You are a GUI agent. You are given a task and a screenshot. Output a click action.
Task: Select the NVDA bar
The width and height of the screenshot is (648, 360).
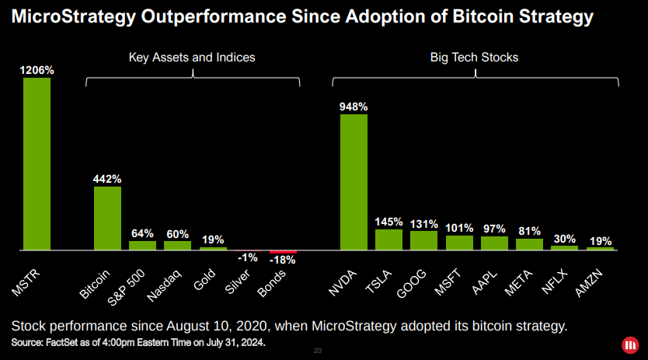point(354,182)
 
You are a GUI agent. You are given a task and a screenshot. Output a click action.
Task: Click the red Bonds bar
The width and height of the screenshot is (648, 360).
point(283,252)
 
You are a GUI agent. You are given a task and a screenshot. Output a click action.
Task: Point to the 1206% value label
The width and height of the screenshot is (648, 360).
point(37,70)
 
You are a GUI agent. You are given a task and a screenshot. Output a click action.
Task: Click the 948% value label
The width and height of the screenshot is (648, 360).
point(354,107)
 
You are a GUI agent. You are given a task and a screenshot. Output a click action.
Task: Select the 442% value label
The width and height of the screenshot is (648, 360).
point(107,179)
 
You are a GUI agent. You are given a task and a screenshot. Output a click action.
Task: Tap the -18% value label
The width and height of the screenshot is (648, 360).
point(283,260)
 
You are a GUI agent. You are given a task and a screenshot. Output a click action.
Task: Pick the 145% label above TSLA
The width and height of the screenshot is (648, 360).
point(388,222)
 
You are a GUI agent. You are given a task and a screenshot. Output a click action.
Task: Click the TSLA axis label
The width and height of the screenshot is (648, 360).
point(378,281)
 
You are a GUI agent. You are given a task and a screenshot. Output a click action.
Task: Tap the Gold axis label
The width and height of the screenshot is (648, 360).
point(204,279)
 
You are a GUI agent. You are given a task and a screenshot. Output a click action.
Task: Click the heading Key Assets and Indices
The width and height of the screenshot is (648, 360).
point(191,58)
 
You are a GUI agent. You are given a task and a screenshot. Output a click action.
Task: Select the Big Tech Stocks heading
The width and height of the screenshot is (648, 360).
point(474,58)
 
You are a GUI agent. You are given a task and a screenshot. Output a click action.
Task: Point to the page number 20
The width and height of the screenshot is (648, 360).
point(317,351)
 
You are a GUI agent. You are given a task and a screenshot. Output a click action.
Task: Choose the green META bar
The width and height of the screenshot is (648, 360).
point(529,243)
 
